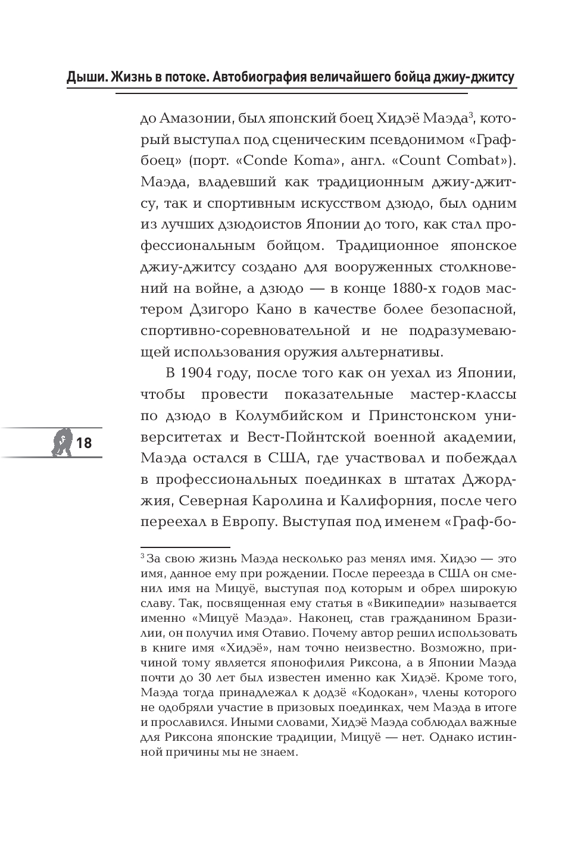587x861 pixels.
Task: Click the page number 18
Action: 84,443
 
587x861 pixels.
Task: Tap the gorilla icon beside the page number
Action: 61,443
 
